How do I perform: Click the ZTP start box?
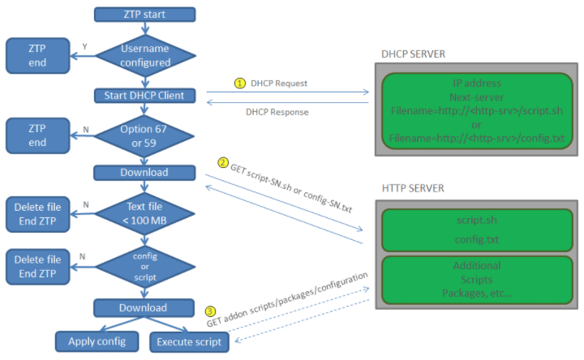coord(145,14)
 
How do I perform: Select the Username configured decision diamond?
coord(145,55)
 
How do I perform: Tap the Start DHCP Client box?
coord(145,96)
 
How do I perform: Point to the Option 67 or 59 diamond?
coord(145,135)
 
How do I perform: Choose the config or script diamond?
coord(145,267)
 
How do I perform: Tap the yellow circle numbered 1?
coord(240,83)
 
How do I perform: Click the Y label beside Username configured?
coord(85,47)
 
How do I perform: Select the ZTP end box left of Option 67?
coord(38,134)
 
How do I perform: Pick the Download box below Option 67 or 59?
coord(145,172)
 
